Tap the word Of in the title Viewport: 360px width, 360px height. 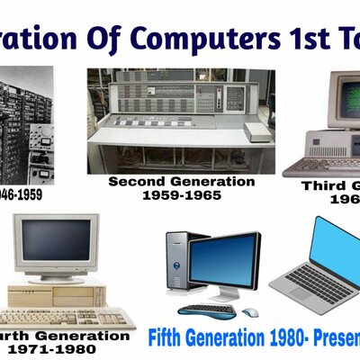coord(111,38)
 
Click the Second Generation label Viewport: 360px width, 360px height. coord(181,181)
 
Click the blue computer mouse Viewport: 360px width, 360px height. coord(250,312)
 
